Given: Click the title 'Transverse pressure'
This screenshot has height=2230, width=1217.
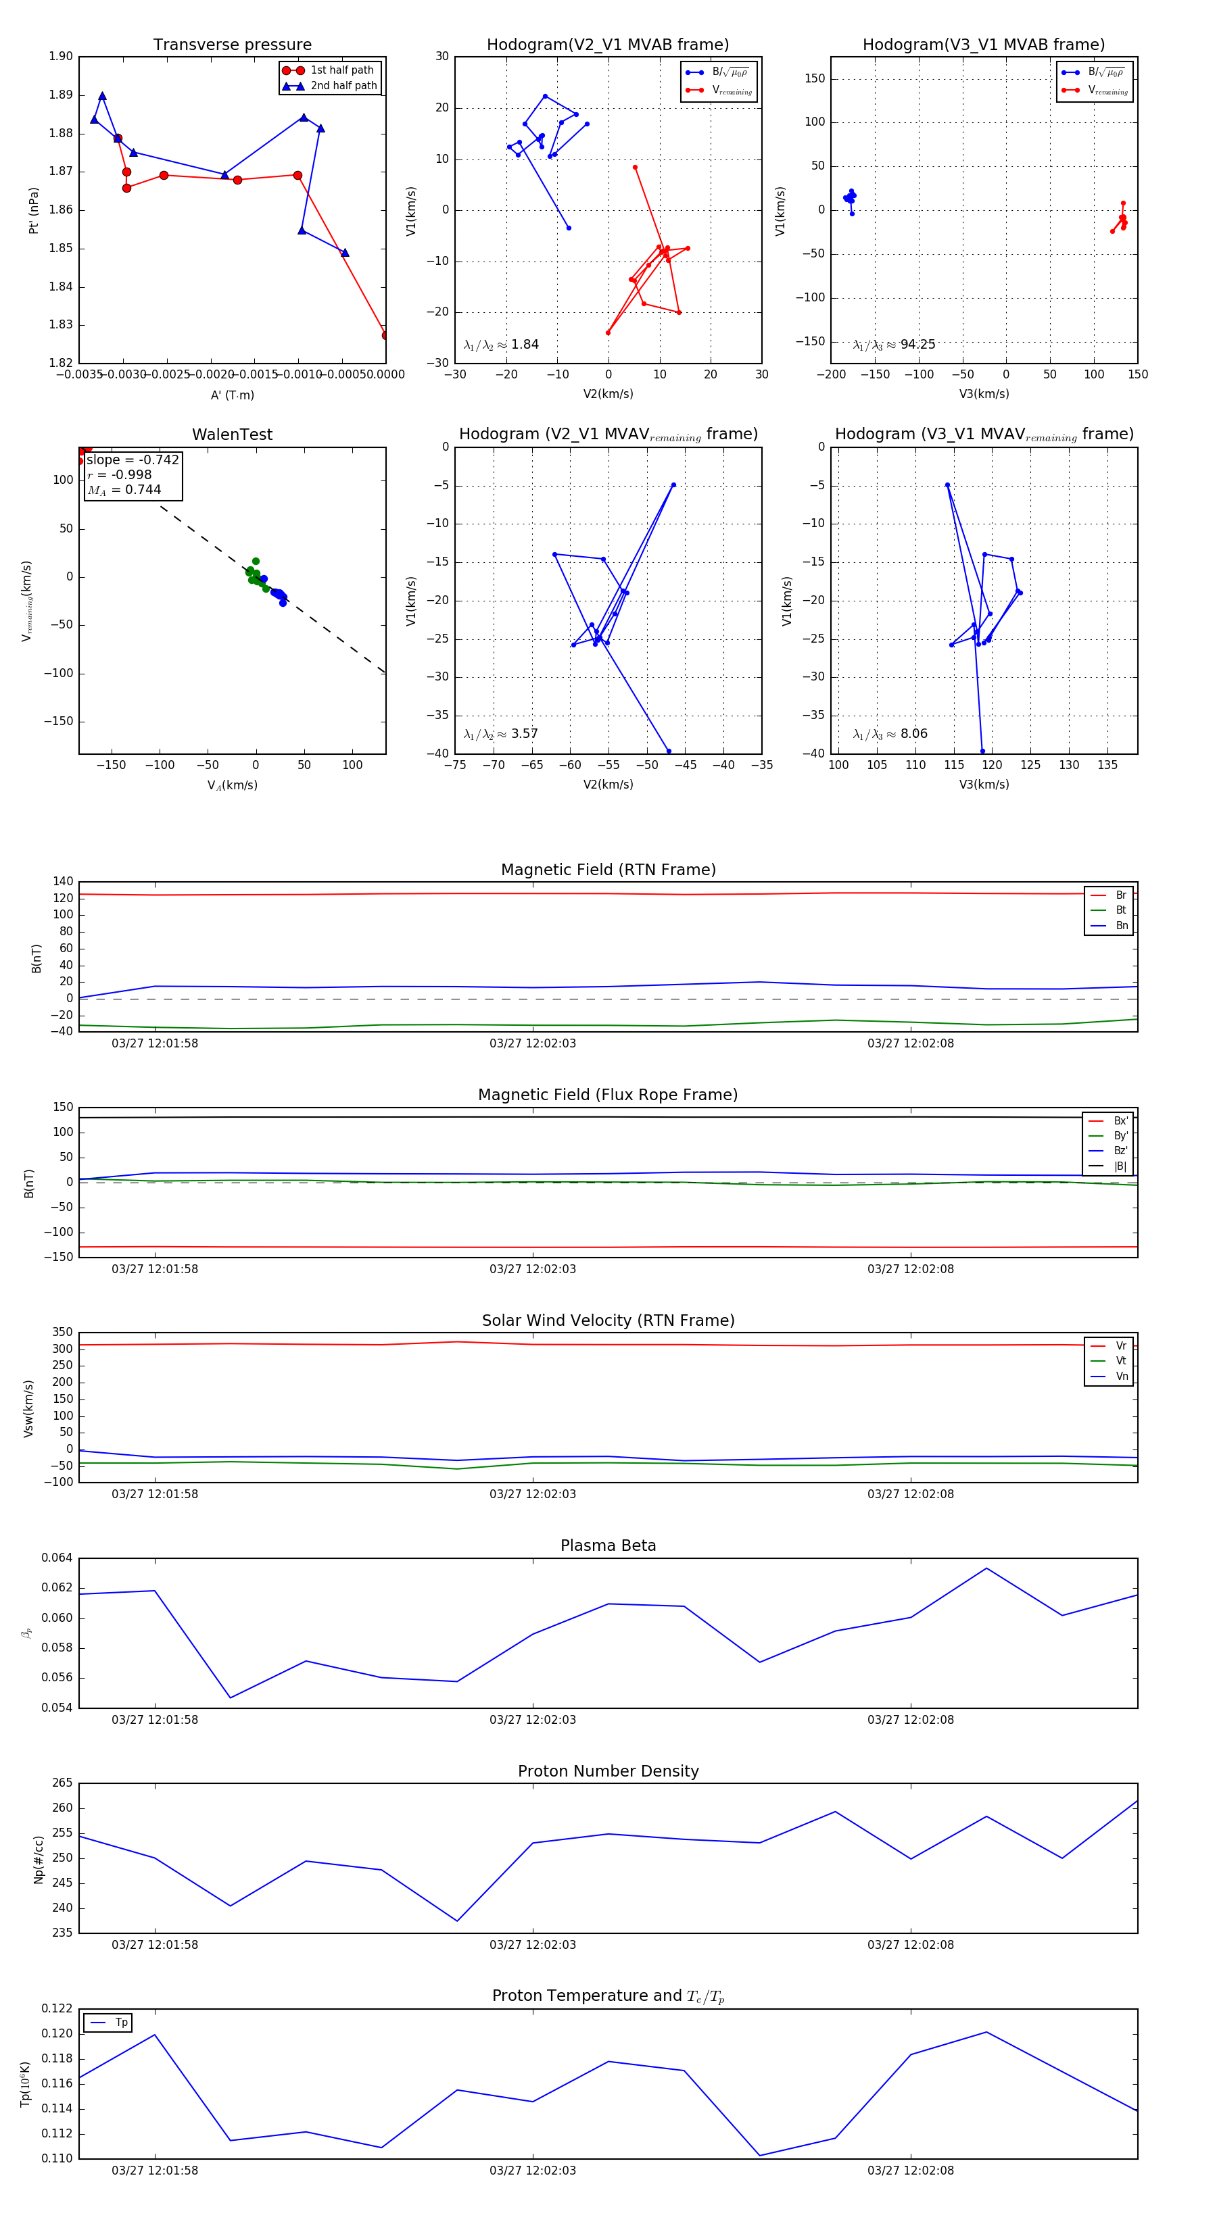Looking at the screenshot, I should pos(232,45).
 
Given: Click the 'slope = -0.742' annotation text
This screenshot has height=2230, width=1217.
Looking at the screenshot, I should pos(133,460).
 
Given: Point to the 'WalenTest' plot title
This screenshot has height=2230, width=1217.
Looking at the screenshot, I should pos(232,435).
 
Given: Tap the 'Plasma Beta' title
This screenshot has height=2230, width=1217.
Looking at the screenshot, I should pos(608,1545).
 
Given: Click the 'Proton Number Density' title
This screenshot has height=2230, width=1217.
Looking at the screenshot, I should pos(608,1770).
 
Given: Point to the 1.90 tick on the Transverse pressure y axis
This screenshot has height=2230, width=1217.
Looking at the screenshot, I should pos(61,56).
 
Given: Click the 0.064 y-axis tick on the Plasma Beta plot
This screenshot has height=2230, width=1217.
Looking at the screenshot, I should pos(57,1558).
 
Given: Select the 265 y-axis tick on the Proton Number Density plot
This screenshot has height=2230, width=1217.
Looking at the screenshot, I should pos(62,1783).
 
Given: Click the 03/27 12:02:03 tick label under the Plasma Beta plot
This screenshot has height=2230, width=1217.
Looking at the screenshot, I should pos(532,1719).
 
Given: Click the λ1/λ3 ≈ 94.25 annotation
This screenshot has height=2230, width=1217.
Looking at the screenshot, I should pos(893,345).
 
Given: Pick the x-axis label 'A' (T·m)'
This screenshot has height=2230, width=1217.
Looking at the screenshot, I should pos(232,395).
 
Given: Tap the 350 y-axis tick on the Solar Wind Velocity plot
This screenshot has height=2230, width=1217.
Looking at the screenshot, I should pos(62,1333).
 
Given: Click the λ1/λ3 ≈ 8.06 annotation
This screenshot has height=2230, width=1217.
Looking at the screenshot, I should pos(890,734).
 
